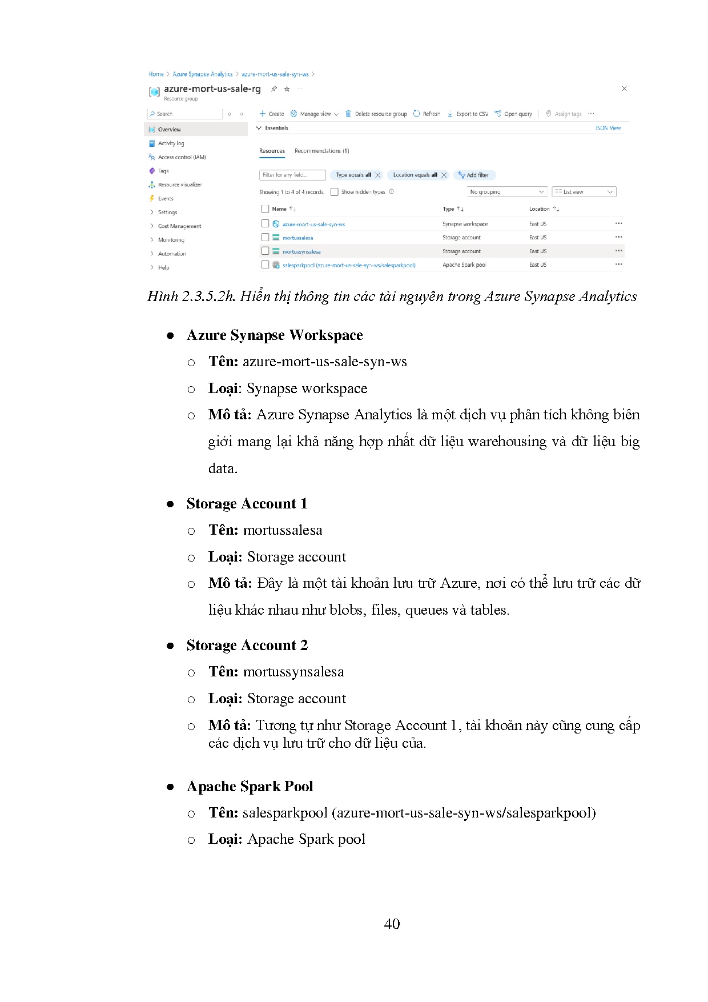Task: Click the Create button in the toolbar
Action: [x=272, y=114]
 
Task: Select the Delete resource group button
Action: [x=376, y=114]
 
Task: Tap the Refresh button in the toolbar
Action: [x=427, y=114]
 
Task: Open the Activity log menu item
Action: [x=171, y=143]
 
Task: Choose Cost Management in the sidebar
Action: [x=179, y=226]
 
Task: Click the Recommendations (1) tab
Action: [x=321, y=151]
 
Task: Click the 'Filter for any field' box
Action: [x=292, y=175]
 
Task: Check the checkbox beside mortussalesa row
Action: [x=265, y=237]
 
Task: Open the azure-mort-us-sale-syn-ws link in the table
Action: [x=313, y=225]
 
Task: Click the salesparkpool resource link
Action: [x=349, y=265]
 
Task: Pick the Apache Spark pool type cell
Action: [x=464, y=265]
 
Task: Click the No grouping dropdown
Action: [x=507, y=192]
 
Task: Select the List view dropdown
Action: [x=584, y=192]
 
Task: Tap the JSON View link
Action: [x=608, y=128]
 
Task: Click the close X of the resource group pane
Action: [x=624, y=89]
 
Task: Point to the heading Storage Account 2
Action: [x=247, y=645]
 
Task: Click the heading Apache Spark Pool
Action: [x=250, y=786]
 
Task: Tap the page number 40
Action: [x=392, y=924]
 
